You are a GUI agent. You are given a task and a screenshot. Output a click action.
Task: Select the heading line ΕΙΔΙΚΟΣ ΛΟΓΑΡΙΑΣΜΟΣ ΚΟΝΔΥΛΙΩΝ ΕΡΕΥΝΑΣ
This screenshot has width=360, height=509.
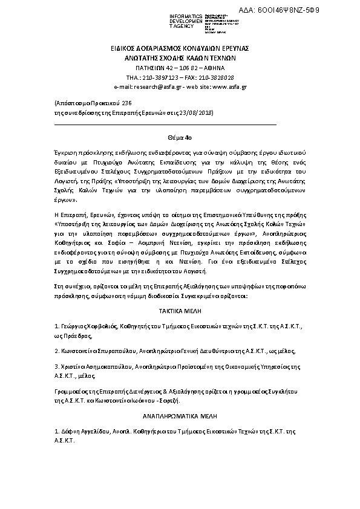pyautogui.click(x=180, y=48)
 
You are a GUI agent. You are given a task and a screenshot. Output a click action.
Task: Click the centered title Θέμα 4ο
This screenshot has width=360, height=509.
pyautogui.click(x=180, y=138)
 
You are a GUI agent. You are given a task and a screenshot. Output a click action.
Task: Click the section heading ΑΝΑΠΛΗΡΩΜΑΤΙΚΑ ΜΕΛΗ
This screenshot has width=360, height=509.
pyautogui.click(x=180, y=417)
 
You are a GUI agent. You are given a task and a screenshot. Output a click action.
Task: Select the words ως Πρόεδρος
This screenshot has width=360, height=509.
pyautogui.click(x=71, y=334)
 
